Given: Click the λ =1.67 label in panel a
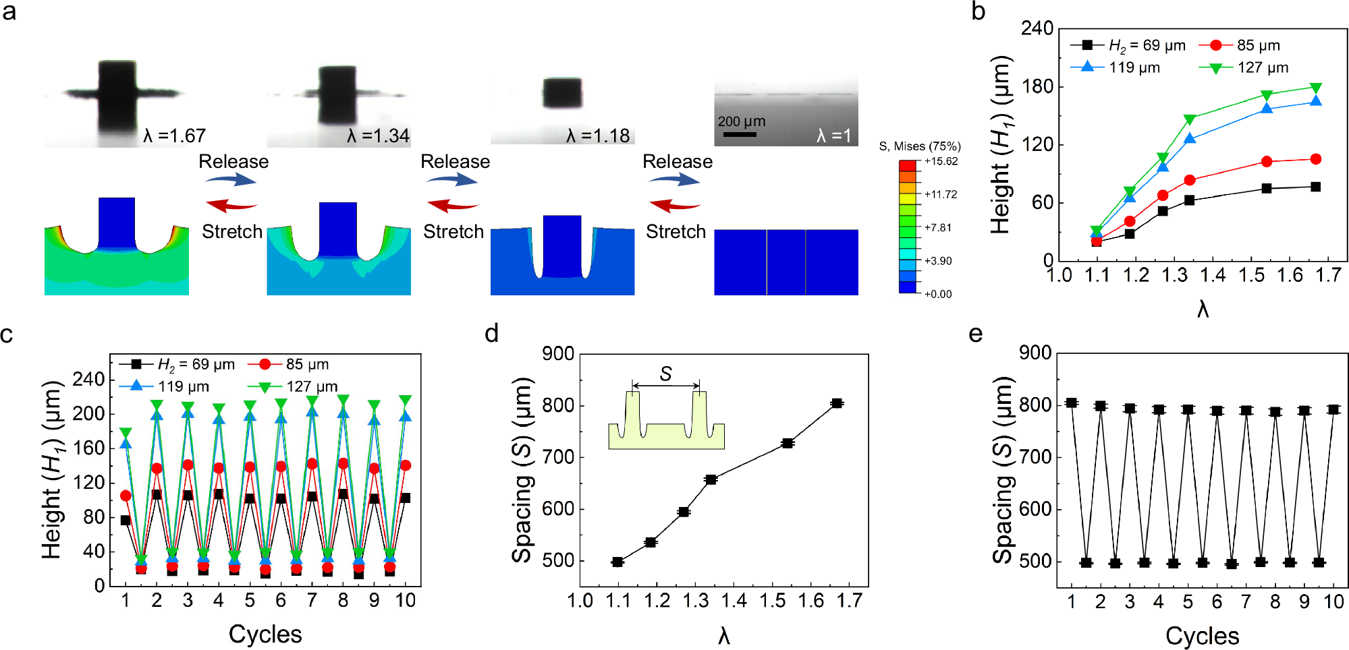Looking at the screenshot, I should (174, 136).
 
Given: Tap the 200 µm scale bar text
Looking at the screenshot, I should (741, 121).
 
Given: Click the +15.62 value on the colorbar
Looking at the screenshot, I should (941, 161).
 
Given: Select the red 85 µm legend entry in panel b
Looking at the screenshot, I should (1240, 45).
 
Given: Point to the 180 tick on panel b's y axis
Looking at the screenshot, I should (1037, 86).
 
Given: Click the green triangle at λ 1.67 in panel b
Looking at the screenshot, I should (1315, 88).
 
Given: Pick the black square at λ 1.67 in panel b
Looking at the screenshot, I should (1315, 187).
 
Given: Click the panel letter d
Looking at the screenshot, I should (491, 334).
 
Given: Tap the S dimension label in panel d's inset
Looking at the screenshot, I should (666, 374).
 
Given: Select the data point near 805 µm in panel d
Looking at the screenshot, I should (837, 403).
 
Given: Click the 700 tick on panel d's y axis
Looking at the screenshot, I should (558, 457).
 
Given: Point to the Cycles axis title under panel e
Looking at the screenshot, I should (1202, 636).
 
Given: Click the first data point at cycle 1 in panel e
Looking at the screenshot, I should (1071, 403).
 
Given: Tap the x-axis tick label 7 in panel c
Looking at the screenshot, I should (312, 600).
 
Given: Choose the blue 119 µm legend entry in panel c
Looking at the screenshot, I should (165, 386).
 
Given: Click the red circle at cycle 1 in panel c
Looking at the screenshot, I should (126, 496).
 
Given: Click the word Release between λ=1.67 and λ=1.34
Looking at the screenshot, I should (233, 162).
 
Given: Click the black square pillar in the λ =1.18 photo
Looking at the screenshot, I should (562, 93).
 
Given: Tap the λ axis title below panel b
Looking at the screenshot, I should (1203, 309).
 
